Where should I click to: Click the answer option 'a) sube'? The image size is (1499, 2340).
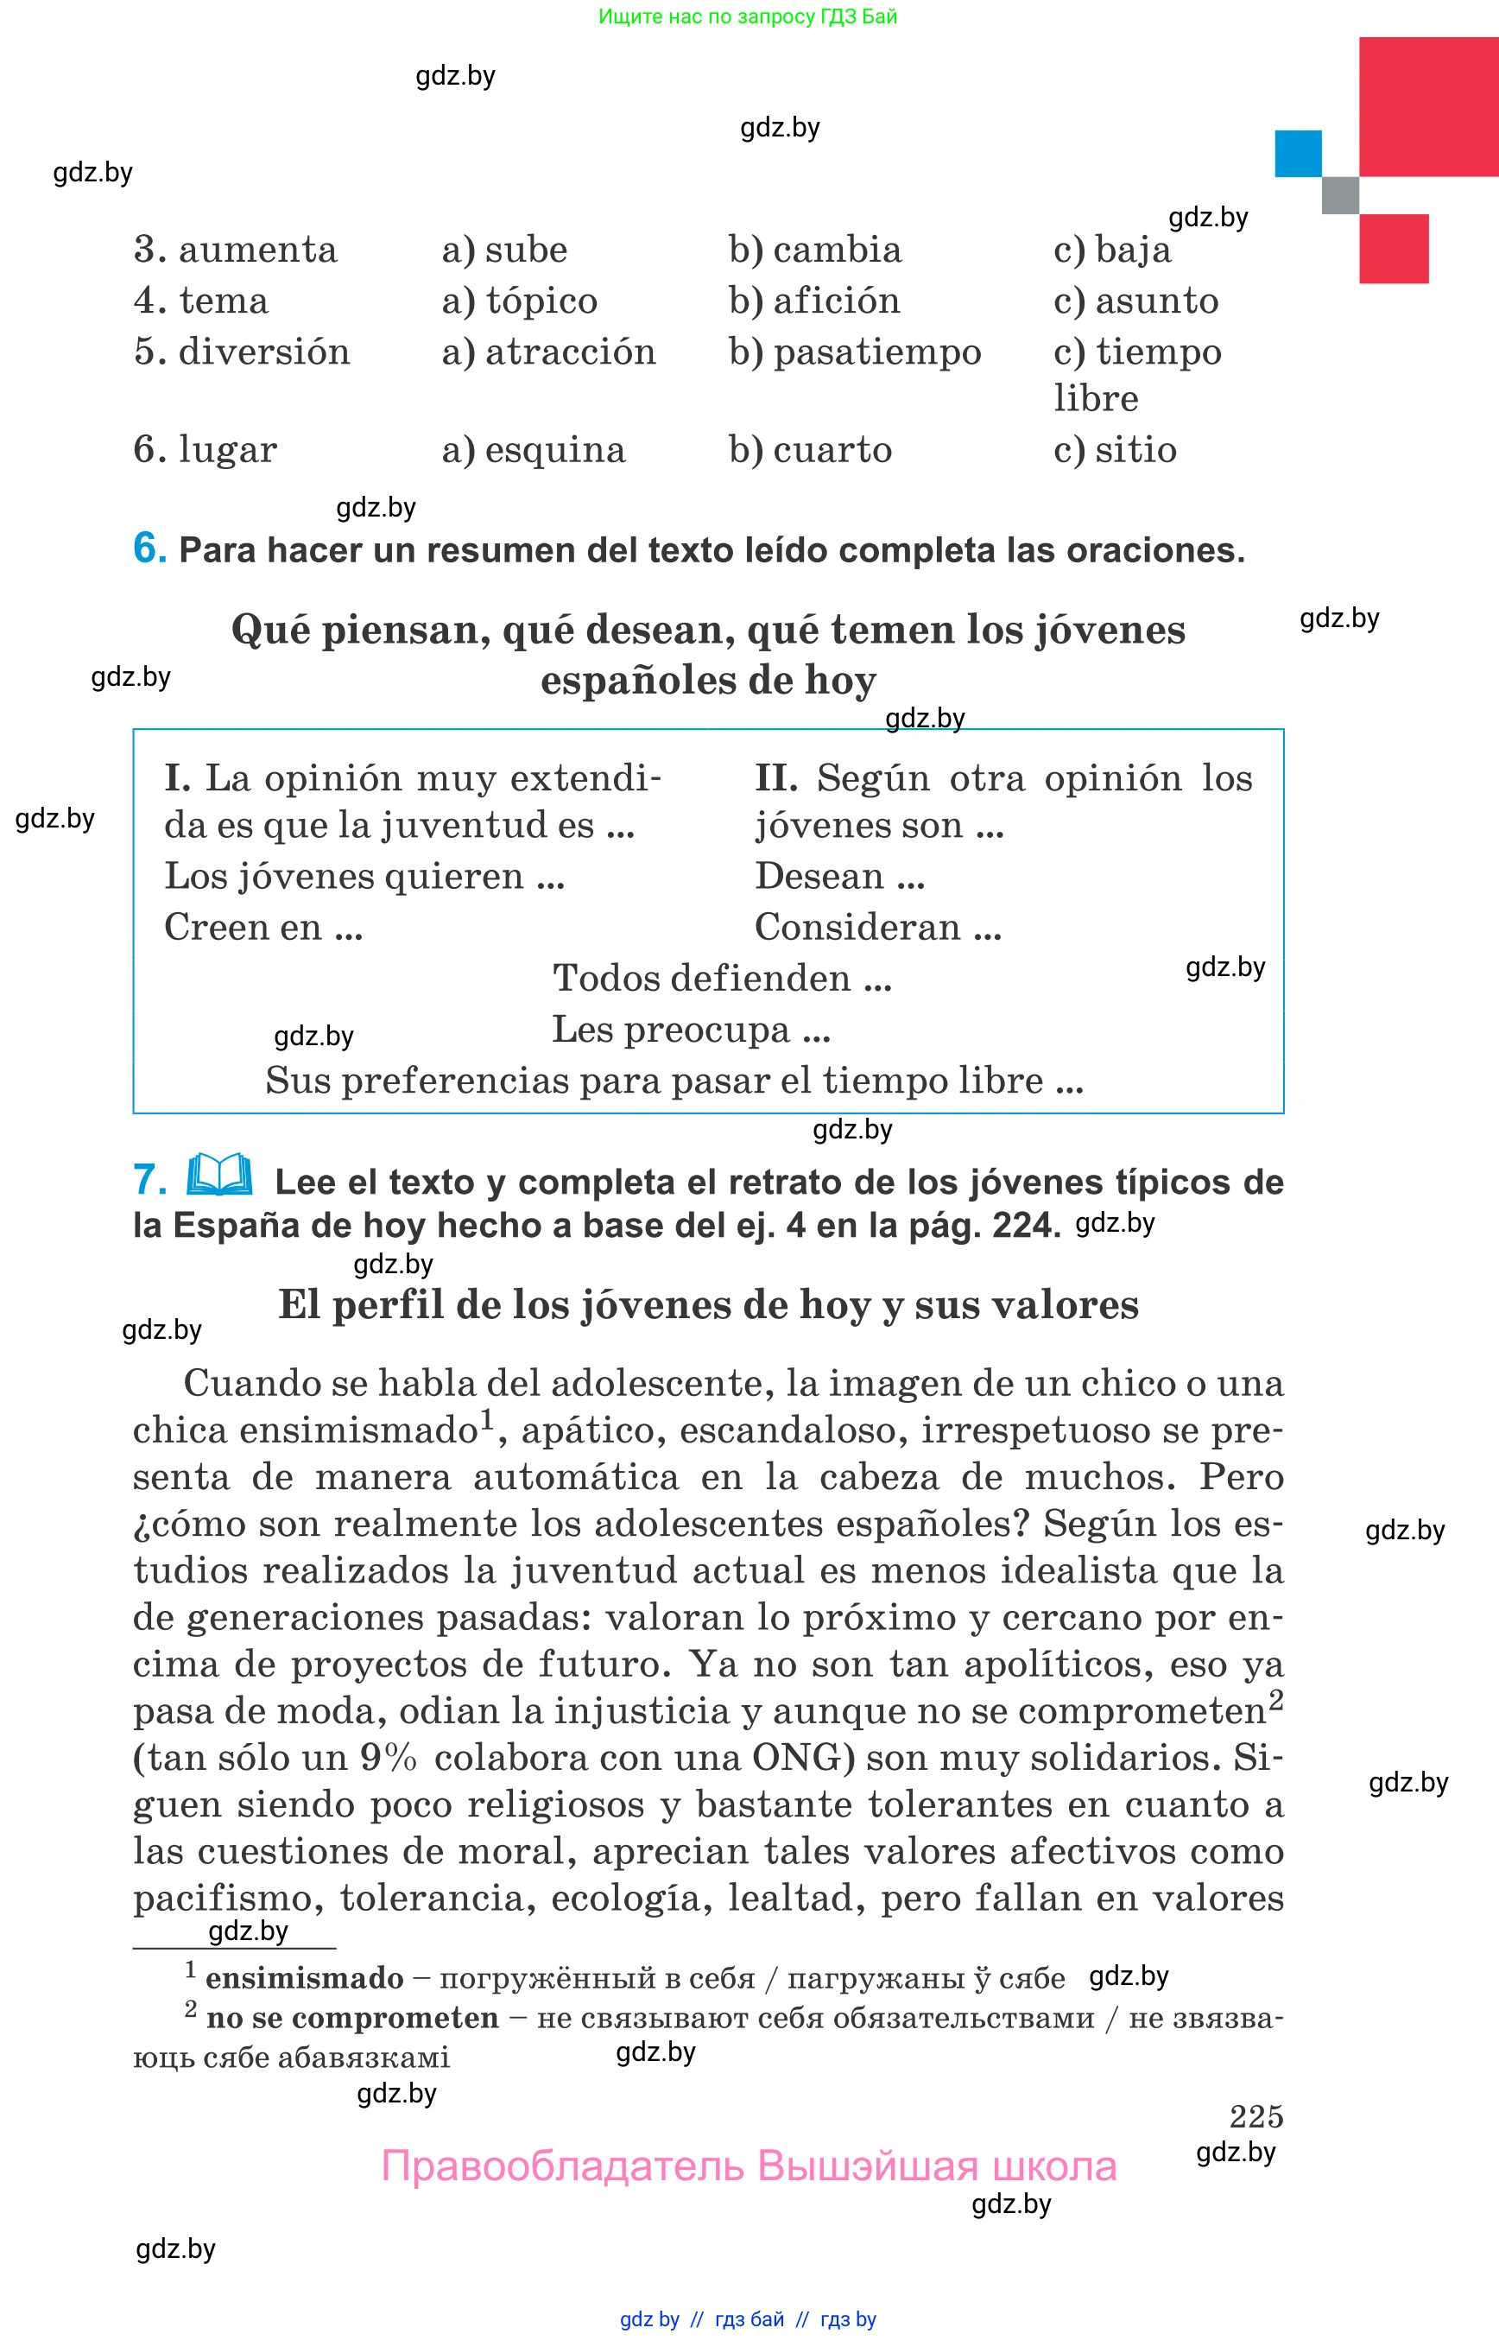[x=504, y=250]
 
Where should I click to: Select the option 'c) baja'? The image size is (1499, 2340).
[x=1111, y=250]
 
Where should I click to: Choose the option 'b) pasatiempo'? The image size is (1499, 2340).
[x=855, y=352]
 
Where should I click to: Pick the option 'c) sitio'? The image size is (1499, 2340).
[x=1115, y=450]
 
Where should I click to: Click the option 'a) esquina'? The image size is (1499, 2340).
[x=534, y=450]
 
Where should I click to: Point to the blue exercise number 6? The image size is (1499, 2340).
[x=149, y=548]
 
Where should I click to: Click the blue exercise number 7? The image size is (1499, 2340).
[x=149, y=1179]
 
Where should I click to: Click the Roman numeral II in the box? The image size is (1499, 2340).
[x=775, y=778]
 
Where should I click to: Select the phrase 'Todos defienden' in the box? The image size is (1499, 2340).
[x=702, y=978]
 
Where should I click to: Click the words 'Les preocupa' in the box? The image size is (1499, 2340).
[x=671, y=1030]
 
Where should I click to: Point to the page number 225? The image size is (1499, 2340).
[x=1255, y=2115]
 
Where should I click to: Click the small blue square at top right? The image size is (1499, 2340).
[x=1298, y=154]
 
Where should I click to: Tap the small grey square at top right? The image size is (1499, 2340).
[x=1339, y=194]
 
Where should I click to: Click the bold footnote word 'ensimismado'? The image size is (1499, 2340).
[x=305, y=1978]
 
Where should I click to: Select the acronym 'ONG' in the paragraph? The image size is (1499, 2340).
[x=797, y=1758]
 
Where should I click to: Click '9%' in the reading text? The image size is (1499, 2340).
[x=389, y=1758]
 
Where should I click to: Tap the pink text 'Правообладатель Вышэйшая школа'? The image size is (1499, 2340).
[x=749, y=2166]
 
